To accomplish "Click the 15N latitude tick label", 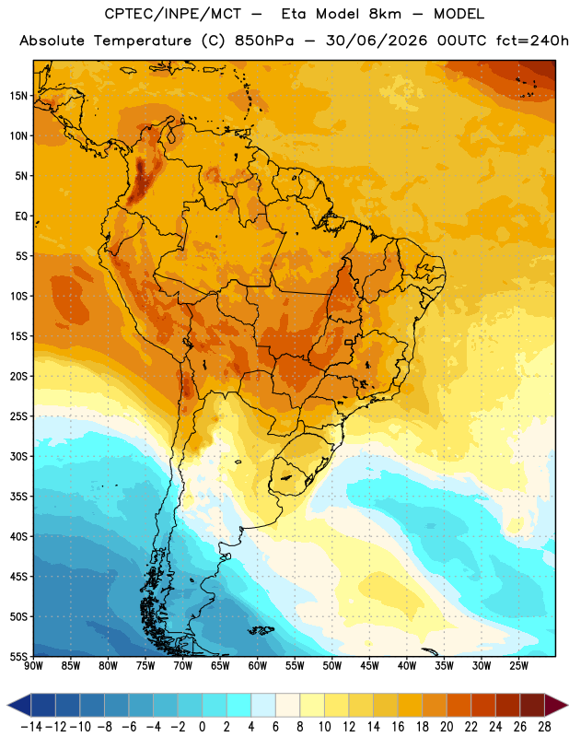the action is [x=18, y=96].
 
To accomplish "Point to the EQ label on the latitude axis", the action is [x=21, y=216].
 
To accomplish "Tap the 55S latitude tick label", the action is [x=18, y=656].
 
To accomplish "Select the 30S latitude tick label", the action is [x=18, y=456].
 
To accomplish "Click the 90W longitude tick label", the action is [x=34, y=665].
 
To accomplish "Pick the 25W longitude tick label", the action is [x=518, y=665].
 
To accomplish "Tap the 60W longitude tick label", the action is [x=258, y=665].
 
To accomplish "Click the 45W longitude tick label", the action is [x=369, y=665].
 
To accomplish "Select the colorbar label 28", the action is [x=544, y=727].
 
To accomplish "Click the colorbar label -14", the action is [x=31, y=727].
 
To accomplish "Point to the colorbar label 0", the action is [x=203, y=727].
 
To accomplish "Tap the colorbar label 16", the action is [x=398, y=727].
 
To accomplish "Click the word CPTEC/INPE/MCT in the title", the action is [x=172, y=14].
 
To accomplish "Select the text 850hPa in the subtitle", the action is [x=264, y=41].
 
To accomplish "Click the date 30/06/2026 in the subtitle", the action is [x=377, y=41].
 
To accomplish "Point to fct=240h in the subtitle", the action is [x=532, y=41].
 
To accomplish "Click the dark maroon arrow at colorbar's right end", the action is [x=556, y=705].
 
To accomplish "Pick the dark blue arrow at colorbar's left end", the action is [x=18, y=705].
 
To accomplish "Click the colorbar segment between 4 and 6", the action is [x=263, y=705].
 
